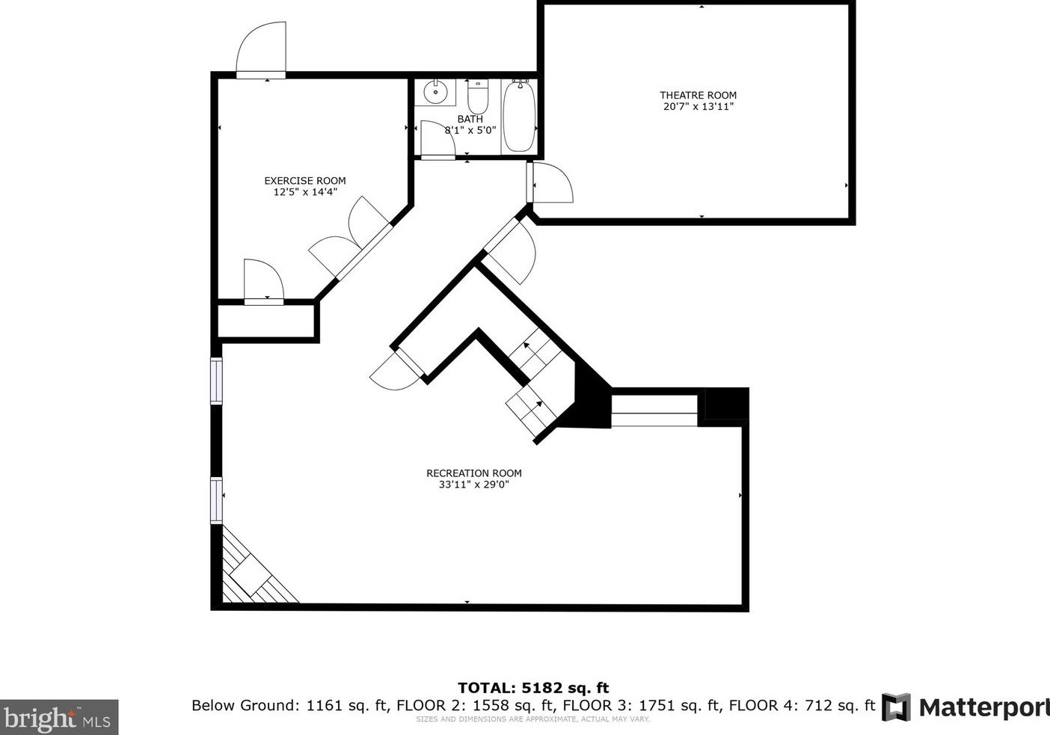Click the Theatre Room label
click(x=698, y=95)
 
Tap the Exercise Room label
click(x=304, y=180)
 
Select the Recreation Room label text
click(x=473, y=473)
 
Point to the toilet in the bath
click(x=478, y=97)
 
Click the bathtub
click(x=518, y=116)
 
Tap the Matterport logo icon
click(x=896, y=707)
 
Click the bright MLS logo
click(x=59, y=718)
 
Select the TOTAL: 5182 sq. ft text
click(x=532, y=688)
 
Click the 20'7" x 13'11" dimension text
click(x=698, y=106)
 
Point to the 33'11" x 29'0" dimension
click(x=473, y=485)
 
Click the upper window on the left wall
click(x=216, y=381)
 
